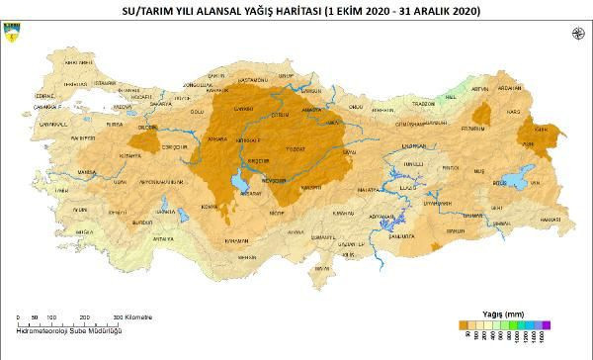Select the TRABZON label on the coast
pos(424,103)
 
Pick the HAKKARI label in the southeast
pos(551,218)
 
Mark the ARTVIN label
pos(480,88)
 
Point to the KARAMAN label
pos(236,240)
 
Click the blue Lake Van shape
pos(517,182)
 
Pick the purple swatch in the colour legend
pos(545,322)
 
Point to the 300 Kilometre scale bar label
pos(132,317)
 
